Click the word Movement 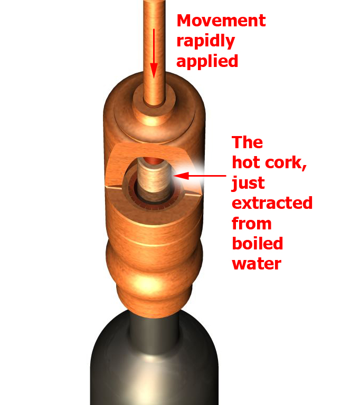tap(221, 21)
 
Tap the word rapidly tap(205, 41)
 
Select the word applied tap(207, 61)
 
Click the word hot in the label tap(247, 163)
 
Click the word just tap(250, 184)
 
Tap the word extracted tap(272, 203)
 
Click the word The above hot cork tap(247, 142)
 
